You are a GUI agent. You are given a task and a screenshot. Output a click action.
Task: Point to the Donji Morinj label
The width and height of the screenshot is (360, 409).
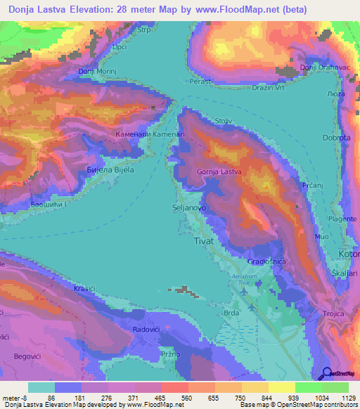coord(96,71)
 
